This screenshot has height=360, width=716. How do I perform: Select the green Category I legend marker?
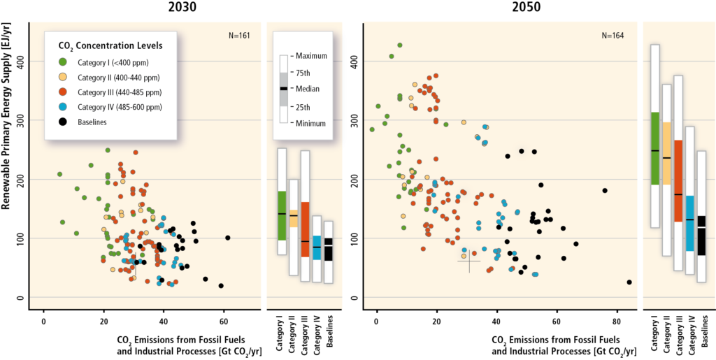61,61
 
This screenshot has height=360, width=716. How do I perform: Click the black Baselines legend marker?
61,122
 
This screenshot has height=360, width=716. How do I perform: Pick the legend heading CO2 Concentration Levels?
110,45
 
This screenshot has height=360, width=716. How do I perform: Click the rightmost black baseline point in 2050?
629,282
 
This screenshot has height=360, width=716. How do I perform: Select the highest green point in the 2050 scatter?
400,45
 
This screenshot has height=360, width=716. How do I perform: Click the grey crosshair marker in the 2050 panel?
468,261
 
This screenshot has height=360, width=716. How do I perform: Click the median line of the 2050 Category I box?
655,150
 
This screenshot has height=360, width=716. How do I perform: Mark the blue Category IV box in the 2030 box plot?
317,247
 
